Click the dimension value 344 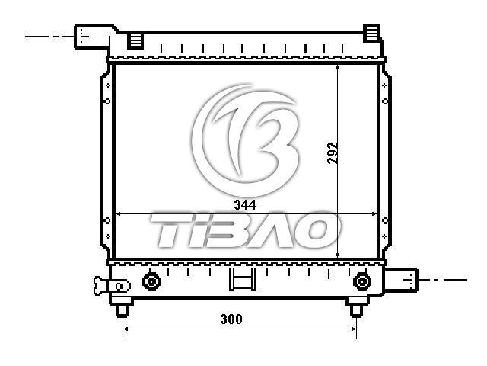coord(245,205)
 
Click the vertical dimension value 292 coord(332,153)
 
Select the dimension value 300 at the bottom coord(231,319)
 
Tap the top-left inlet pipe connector coord(92,37)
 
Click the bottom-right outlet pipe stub coord(401,280)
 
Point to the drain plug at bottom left coord(111,286)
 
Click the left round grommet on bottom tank coord(151,282)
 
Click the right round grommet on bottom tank coord(362,281)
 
